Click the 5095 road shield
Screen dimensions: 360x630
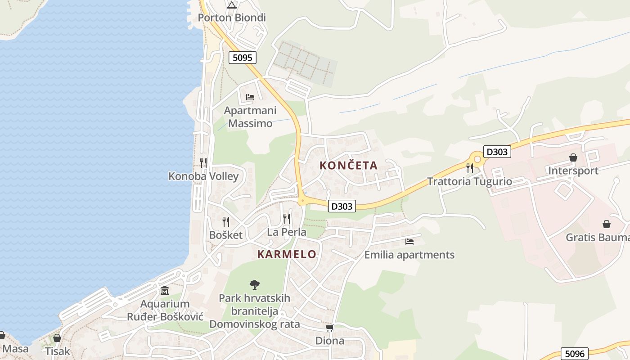coord(243,58)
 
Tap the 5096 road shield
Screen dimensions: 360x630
coord(574,354)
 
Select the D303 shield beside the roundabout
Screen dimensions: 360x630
coord(497,152)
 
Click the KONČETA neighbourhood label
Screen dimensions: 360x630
coord(348,166)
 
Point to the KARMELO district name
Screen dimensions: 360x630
coord(287,254)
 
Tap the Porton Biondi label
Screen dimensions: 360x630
coord(232,18)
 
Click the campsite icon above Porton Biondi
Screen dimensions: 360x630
coord(232,5)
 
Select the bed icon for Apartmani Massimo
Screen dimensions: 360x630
coord(250,97)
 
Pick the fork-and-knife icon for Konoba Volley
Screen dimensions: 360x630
coord(203,162)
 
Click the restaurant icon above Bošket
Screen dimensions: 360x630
coord(226,221)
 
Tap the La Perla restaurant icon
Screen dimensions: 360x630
coord(287,219)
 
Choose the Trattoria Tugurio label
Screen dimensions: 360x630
coord(469,181)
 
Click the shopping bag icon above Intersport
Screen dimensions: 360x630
coord(573,157)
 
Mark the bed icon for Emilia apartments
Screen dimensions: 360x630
coord(409,242)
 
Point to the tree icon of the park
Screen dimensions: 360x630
coord(255,284)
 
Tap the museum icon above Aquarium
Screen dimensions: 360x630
coord(165,291)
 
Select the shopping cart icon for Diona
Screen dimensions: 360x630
coord(330,328)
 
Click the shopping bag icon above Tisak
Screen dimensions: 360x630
coord(57,337)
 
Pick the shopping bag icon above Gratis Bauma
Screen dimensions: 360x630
coord(607,224)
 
